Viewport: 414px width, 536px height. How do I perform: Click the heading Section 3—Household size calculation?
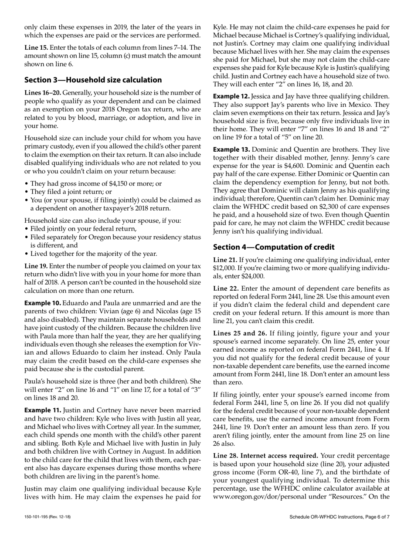pyautogui.click(x=93, y=80)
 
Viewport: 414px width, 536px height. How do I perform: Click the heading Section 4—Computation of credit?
pyautogui.click(x=274, y=247)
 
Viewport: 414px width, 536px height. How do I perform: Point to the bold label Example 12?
pyautogui.click(x=231, y=96)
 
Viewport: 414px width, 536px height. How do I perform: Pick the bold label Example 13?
pyautogui.click(x=231, y=149)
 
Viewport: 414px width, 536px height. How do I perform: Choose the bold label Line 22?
pyautogui.click(x=225, y=288)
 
